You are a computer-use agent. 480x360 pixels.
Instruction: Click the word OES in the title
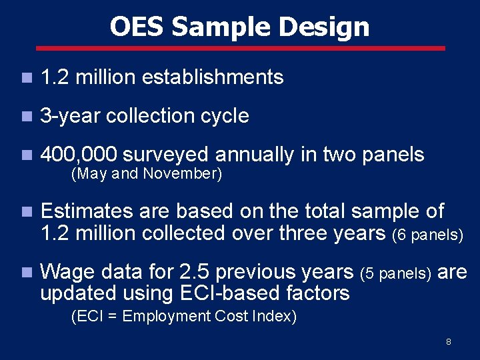137,27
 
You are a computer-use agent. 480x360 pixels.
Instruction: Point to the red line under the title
240,48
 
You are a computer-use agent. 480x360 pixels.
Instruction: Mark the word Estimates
87,211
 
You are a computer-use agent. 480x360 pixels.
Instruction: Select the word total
322,211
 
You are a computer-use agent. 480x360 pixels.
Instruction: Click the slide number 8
449,342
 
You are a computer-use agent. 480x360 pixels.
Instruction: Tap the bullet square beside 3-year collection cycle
25,117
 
